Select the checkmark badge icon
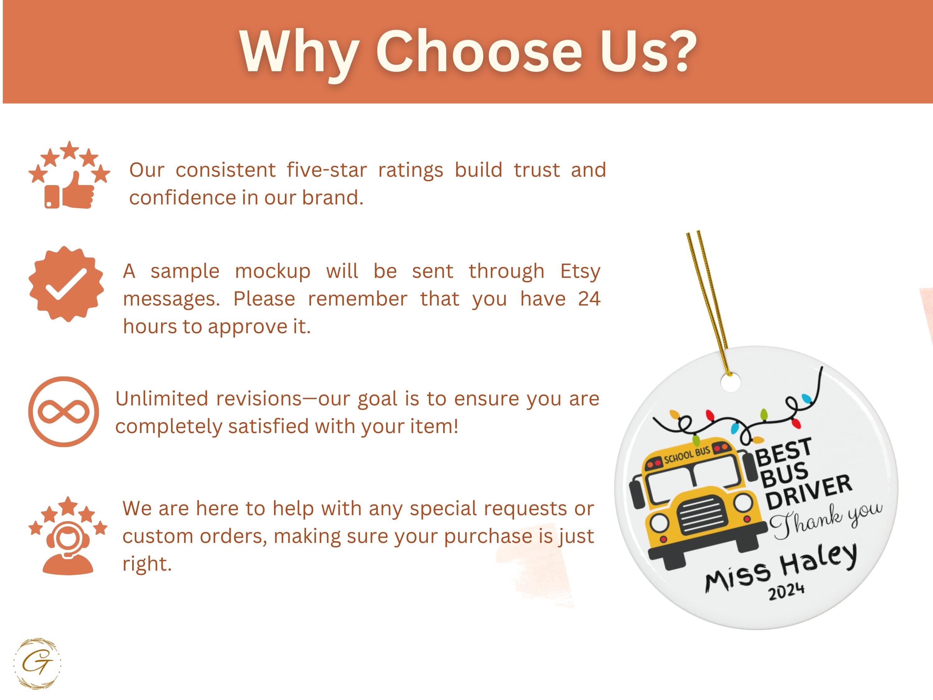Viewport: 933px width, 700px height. tap(66, 283)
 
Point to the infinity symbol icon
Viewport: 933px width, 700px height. tap(64, 411)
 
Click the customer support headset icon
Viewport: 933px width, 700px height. tap(68, 544)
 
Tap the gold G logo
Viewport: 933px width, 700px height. tap(37, 663)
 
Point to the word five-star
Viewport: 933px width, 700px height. tap(327, 170)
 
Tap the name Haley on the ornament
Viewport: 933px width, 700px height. tap(818, 559)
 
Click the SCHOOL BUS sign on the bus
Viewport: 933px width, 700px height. tap(687, 455)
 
